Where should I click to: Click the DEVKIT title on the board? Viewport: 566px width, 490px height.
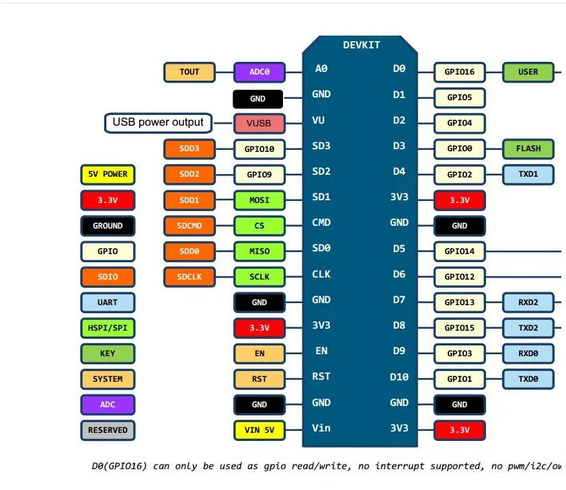tap(361, 45)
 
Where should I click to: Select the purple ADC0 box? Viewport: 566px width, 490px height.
tap(259, 72)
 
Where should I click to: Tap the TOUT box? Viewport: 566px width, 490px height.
tap(190, 72)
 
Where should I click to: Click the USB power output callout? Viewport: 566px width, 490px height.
tap(158, 122)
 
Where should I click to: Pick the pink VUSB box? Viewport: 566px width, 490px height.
tap(259, 124)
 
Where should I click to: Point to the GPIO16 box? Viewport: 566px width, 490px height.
tap(460, 72)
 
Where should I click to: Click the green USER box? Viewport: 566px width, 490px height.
tap(528, 72)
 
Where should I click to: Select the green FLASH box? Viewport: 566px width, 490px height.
tap(528, 149)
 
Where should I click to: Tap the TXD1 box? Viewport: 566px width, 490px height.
tap(528, 174)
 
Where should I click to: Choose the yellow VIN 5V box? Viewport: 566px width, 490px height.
tap(259, 430)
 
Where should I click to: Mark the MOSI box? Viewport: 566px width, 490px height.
tap(259, 200)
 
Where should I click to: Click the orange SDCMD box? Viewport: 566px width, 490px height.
tap(190, 226)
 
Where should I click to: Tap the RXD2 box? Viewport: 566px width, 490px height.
tap(528, 302)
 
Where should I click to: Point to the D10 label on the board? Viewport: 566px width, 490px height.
tap(399, 377)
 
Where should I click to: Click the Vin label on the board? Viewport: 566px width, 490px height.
tap(321, 428)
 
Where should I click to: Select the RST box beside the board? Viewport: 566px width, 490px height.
tap(259, 379)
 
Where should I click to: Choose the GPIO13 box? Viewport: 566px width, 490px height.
tap(460, 302)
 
